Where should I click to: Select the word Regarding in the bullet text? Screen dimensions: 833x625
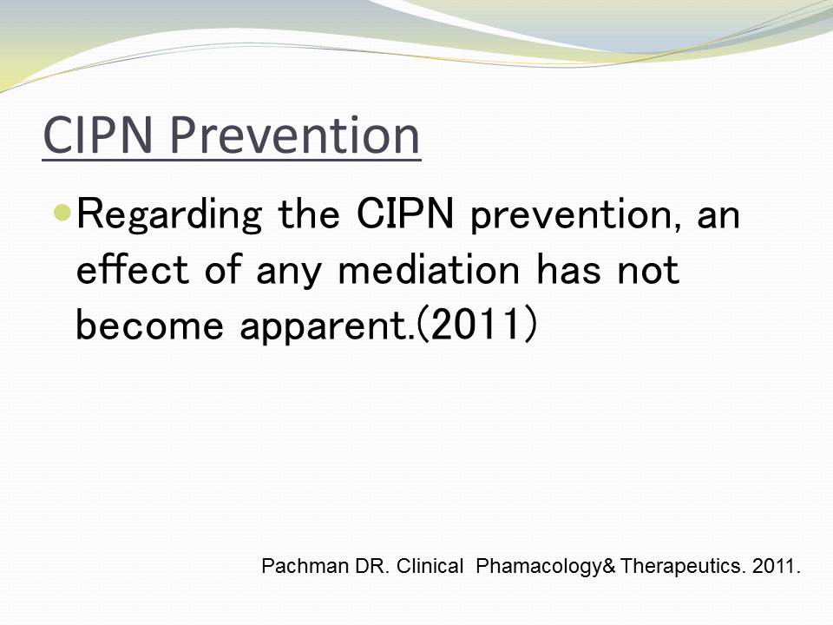tap(169, 214)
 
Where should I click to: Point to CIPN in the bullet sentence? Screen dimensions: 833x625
tap(405, 214)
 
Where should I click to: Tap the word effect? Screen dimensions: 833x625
tap(132, 269)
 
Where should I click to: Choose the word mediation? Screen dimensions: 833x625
tap(429, 269)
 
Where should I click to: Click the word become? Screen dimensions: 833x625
tap(150, 325)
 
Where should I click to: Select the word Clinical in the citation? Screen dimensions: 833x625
tap(430, 566)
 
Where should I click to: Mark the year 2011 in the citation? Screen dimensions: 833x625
tap(776, 566)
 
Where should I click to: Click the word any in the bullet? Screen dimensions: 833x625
tap(288, 272)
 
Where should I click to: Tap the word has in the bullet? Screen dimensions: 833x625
tap(568, 269)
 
